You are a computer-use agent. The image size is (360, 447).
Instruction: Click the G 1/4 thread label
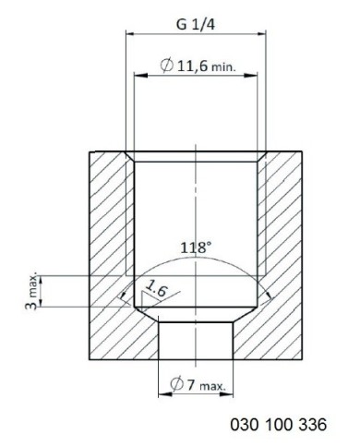click(x=196, y=24)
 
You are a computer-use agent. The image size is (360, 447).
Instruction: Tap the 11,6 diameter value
click(x=193, y=66)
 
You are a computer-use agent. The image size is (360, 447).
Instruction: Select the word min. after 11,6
click(x=223, y=67)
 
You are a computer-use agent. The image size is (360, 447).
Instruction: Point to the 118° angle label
click(x=196, y=248)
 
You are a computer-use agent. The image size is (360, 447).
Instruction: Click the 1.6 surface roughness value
click(x=157, y=289)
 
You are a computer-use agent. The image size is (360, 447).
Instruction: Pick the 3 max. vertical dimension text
click(x=31, y=291)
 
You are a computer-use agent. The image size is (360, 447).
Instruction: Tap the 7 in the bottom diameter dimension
click(x=191, y=385)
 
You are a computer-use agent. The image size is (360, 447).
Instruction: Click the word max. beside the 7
click(x=213, y=386)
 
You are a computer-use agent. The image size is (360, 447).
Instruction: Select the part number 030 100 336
click(x=279, y=425)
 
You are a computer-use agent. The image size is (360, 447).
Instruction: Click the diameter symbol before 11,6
click(x=167, y=66)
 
